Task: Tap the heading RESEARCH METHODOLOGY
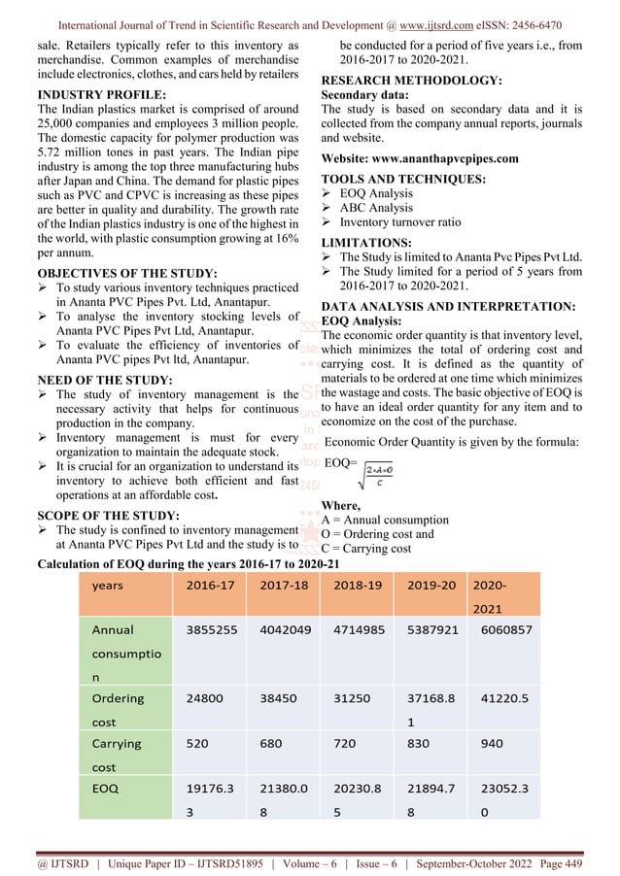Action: point(412,81)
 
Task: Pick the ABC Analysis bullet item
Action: point(376,208)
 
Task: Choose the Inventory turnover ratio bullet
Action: point(400,222)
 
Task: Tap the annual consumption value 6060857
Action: point(506,629)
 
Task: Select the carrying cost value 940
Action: point(493,743)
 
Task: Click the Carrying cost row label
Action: point(117,755)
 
